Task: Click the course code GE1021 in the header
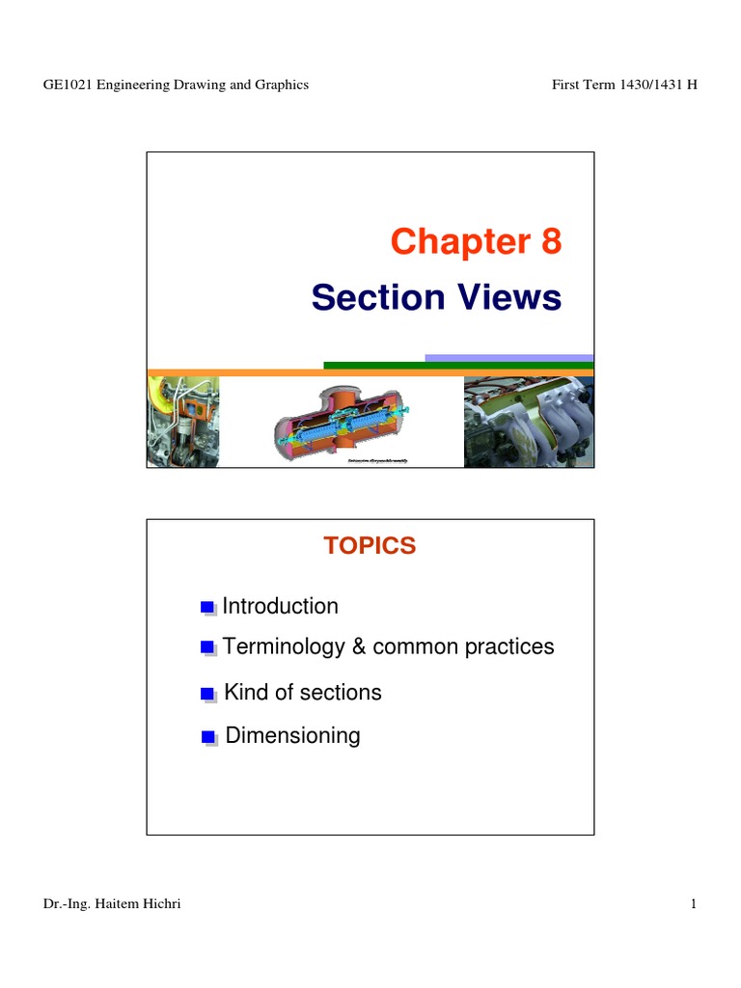pos(66,85)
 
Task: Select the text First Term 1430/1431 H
pos(624,85)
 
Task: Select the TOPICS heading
pos(370,545)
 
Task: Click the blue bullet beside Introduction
pos(206,608)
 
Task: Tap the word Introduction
pos(281,607)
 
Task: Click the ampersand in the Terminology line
pos(358,646)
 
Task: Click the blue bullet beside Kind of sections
pos(206,694)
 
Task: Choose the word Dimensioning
pos(293,736)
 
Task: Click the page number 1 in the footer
pos(693,903)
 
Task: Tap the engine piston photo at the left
pos(182,422)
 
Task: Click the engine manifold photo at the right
pos(529,422)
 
